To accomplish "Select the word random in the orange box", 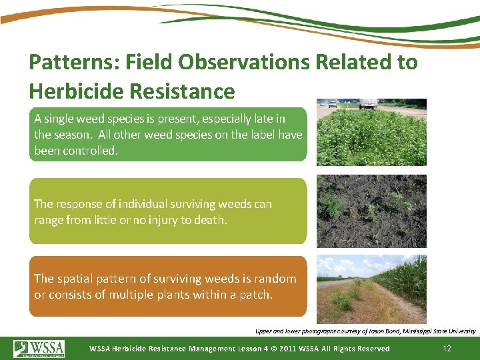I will click(276, 279).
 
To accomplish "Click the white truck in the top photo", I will click(367, 103).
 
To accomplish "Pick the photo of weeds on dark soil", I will click(371, 211).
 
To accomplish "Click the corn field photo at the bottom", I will click(371, 289).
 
